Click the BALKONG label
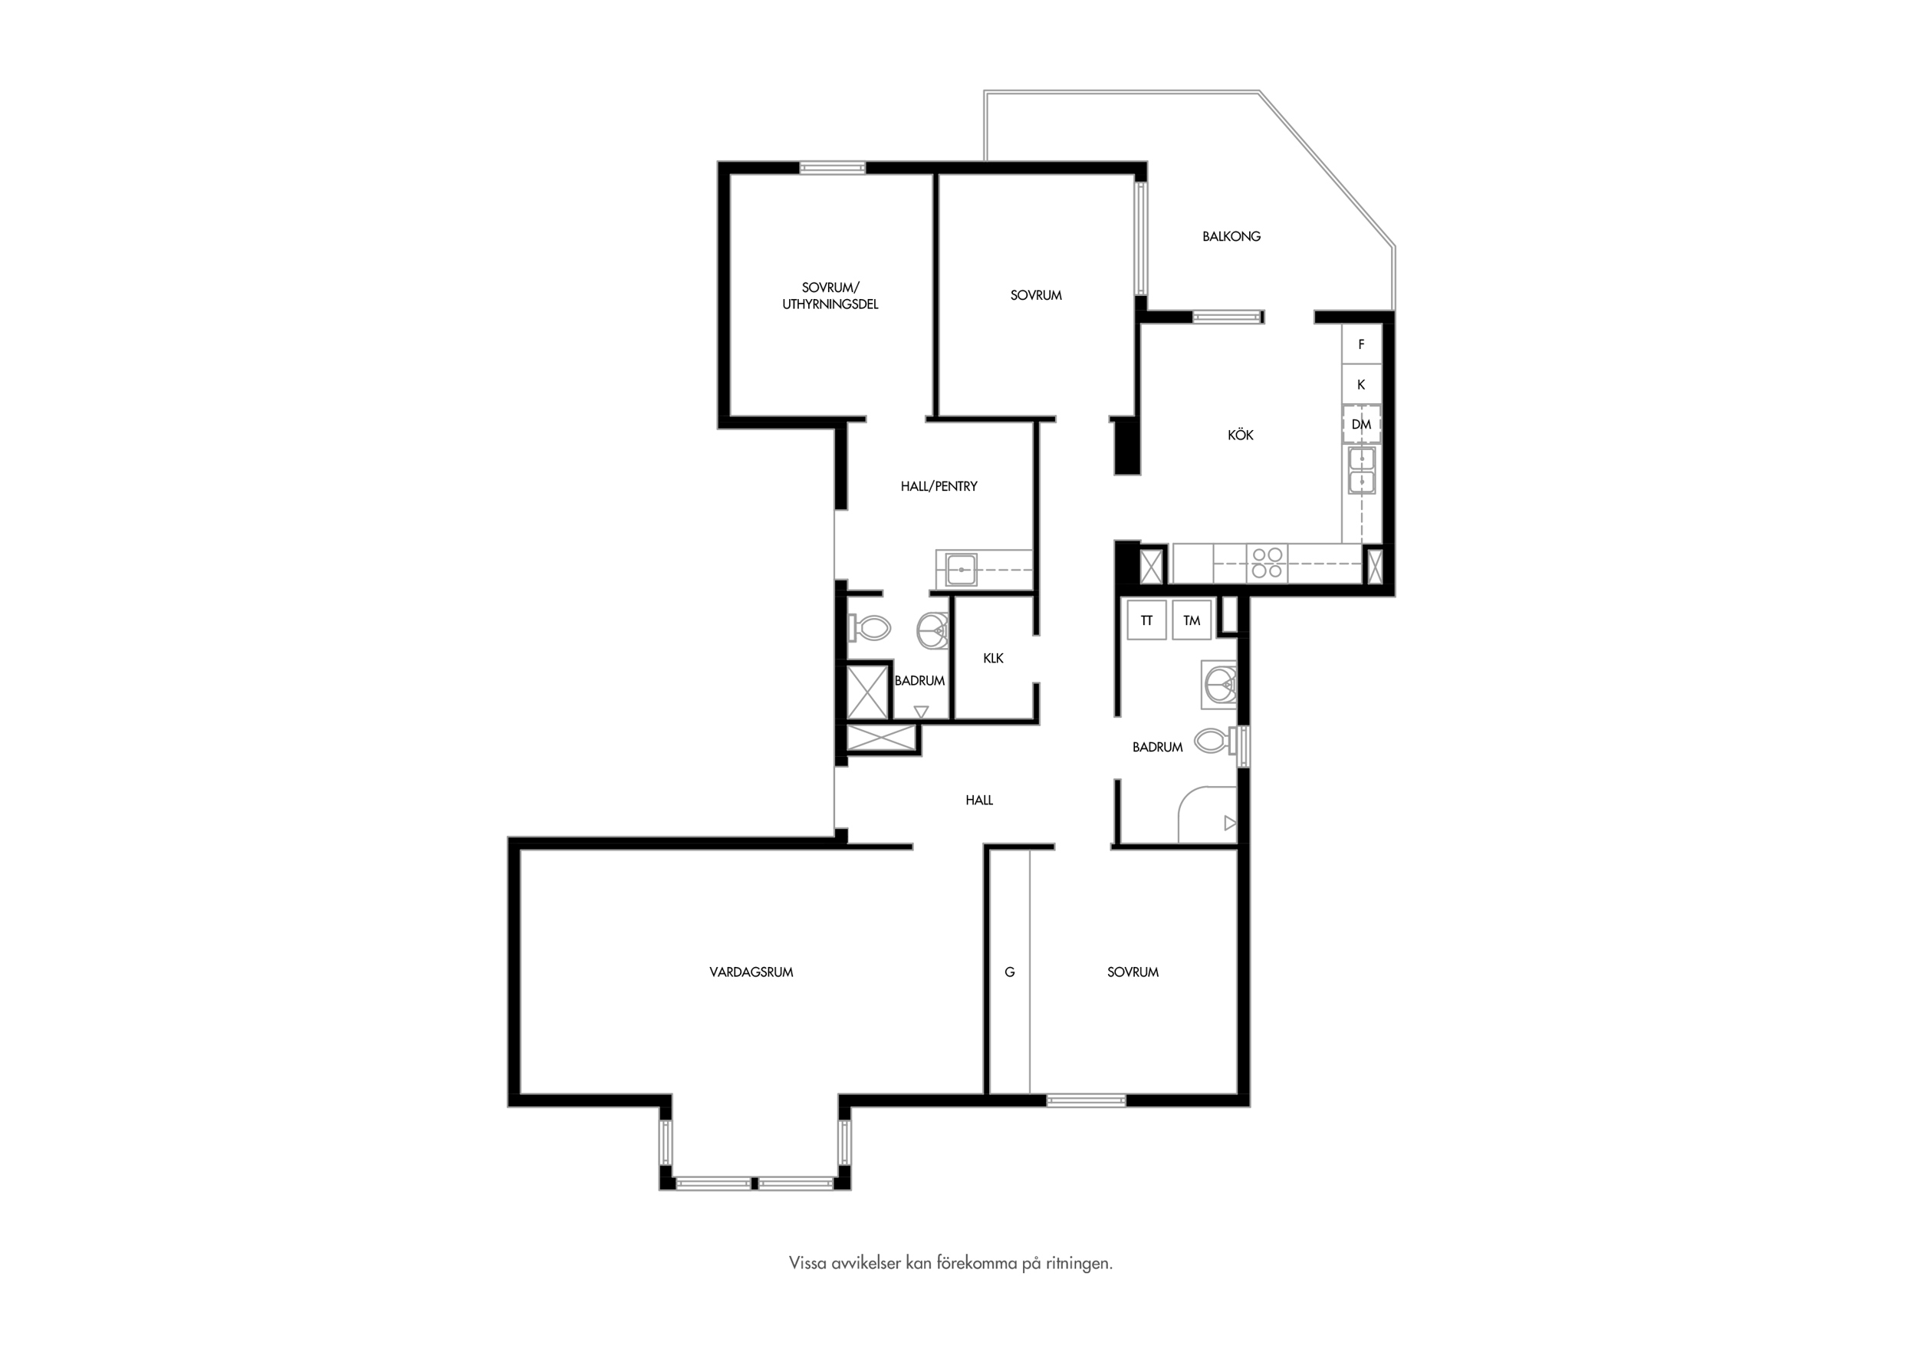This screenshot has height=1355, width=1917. click(x=1231, y=236)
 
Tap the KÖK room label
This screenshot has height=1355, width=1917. click(x=1241, y=435)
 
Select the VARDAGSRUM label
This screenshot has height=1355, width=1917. click(x=751, y=972)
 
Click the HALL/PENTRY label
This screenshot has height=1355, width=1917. click(x=939, y=486)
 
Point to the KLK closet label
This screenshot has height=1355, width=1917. click(x=993, y=658)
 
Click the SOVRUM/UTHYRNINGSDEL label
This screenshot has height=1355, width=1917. click(x=830, y=296)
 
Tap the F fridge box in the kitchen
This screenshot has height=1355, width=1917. click(x=1361, y=344)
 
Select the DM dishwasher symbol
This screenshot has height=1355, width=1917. click(x=1361, y=424)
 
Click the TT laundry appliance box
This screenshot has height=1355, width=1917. click(x=1146, y=620)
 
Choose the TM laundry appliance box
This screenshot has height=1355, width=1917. click(x=1192, y=620)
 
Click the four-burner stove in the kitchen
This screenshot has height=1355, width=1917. click(x=1268, y=563)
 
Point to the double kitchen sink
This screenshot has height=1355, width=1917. click(x=1362, y=471)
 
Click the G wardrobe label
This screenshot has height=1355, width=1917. click(x=1009, y=972)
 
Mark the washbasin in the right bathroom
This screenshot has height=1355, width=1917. click(x=1220, y=684)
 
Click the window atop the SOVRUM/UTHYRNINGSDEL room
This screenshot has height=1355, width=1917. click(x=833, y=168)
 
